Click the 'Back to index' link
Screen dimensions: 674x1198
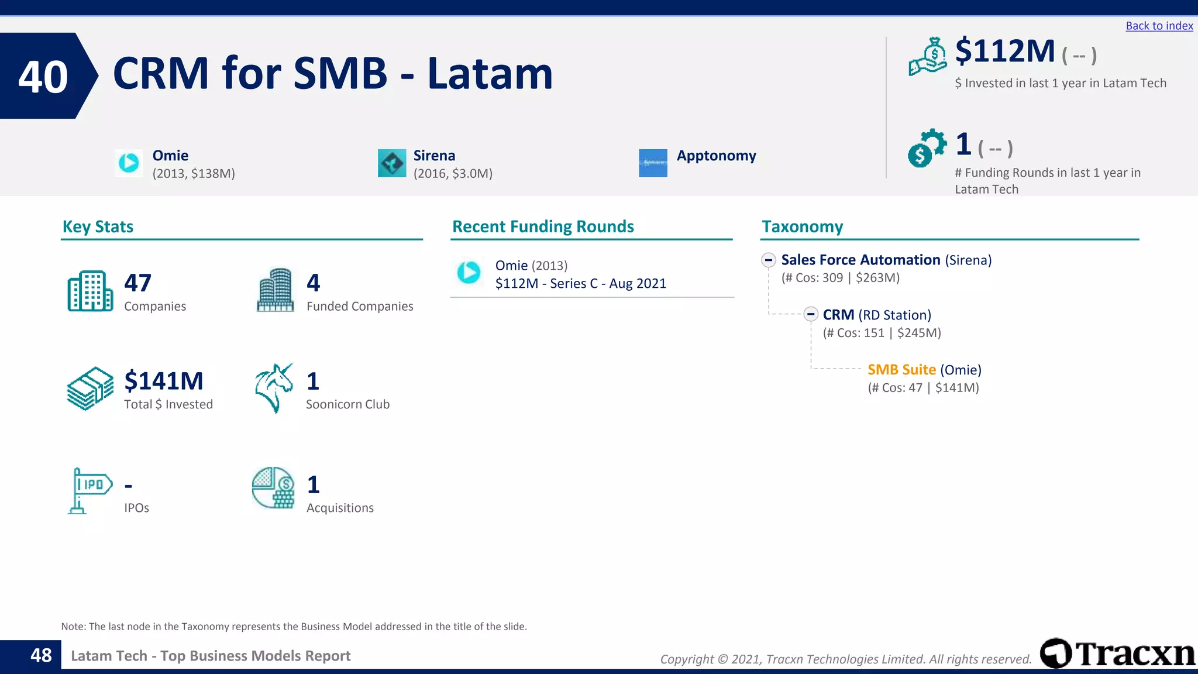pos(1159,26)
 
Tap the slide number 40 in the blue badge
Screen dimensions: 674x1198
pos(43,77)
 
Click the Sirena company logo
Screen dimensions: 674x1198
pos(392,163)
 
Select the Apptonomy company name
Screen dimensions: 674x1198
pos(716,156)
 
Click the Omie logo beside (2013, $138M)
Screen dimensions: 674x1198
pos(129,163)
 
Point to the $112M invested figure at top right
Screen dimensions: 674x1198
pos(1004,51)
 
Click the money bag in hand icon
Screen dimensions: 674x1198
pos(927,57)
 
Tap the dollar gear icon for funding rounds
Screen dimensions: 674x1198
pos(926,148)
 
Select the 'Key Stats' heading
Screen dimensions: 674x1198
pos(98,226)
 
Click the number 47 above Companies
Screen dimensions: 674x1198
pos(138,283)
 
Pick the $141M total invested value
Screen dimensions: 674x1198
pos(164,381)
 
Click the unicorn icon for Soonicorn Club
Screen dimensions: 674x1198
pos(274,388)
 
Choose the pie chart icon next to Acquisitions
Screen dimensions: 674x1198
pos(273,488)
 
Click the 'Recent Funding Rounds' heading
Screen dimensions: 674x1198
pos(543,226)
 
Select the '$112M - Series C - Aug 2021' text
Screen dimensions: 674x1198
pos(580,284)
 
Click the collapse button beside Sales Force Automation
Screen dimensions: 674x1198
pos(769,260)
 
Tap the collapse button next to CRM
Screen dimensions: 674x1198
pos(810,315)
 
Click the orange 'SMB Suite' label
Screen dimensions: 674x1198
pos(901,370)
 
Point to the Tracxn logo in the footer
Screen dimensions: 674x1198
pos(1117,654)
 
